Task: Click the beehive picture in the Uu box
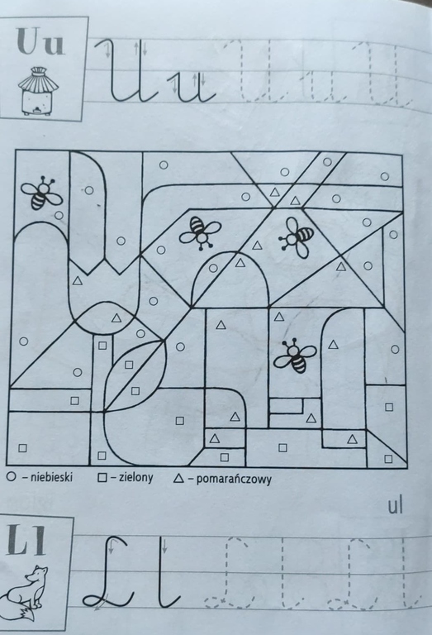tap(39, 92)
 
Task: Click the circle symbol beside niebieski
tap(11, 477)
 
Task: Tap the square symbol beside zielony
tap(102, 478)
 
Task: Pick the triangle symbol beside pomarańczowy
tap(178, 479)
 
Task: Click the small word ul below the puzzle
tap(395, 506)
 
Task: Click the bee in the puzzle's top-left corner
tap(41, 193)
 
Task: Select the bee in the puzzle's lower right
tap(294, 356)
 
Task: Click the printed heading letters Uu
tap(40, 41)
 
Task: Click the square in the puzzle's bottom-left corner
tap(22, 448)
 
